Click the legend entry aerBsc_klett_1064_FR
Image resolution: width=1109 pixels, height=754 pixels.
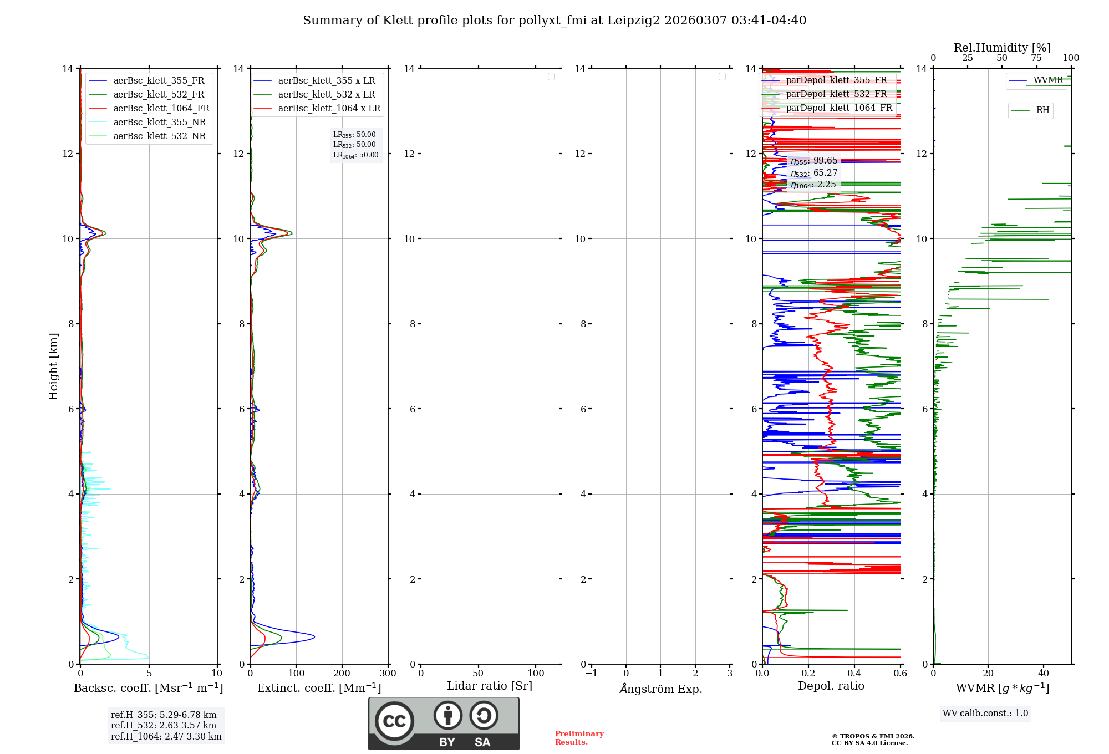(161, 109)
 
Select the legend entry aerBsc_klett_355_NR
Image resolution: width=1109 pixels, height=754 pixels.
(159, 123)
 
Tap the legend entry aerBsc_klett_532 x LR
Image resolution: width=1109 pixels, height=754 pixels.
(326, 95)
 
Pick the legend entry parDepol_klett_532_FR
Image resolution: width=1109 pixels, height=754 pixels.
(836, 94)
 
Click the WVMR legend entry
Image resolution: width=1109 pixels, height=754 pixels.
(1048, 80)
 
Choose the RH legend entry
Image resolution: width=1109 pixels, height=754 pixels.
(1042, 110)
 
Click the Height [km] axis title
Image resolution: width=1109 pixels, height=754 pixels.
(53, 366)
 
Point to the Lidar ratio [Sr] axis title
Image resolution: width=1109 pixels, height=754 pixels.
(490, 686)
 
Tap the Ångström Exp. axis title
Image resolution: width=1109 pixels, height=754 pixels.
(660, 689)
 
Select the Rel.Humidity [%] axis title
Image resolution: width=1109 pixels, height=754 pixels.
(1002, 48)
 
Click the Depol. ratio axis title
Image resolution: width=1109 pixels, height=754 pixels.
(831, 686)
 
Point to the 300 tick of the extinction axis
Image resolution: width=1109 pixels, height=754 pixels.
(388, 674)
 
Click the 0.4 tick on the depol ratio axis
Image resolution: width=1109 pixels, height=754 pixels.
(854, 674)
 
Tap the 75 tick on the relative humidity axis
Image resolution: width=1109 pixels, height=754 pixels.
(1036, 58)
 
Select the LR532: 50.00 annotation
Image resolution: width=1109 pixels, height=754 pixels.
(354, 145)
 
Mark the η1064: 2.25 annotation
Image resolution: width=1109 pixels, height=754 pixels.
(813, 185)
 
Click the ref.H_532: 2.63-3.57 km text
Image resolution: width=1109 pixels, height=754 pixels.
(164, 726)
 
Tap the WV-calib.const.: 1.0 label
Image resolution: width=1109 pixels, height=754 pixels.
(985, 714)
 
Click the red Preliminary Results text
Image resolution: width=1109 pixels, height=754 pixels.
(579, 738)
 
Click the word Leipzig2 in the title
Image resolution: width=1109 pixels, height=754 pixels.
(633, 21)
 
